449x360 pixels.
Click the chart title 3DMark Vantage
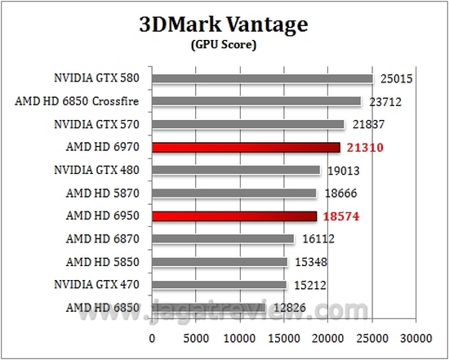(224, 24)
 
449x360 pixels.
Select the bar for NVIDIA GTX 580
(262, 79)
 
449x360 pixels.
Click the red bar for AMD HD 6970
(246, 148)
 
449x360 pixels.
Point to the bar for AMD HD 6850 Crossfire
(256, 102)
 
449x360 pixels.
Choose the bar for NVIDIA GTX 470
(220, 285)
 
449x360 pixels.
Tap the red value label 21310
(364, 148)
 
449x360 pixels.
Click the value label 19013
(344, 171)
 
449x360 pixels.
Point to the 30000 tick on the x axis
(416, 337)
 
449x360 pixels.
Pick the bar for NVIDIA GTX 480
(236, 171)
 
